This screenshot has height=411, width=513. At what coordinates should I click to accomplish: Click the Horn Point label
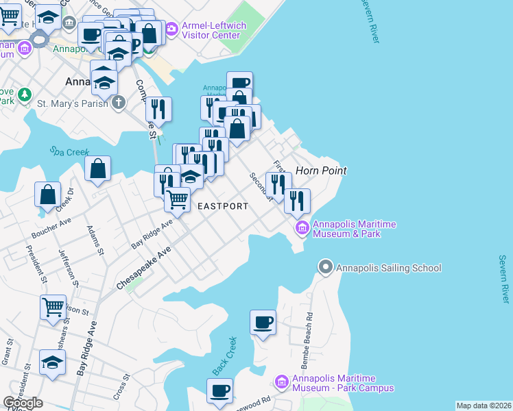point(320,171)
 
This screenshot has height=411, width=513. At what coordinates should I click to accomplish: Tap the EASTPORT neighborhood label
point(223,206)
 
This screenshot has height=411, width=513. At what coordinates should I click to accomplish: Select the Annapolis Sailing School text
point(388,268)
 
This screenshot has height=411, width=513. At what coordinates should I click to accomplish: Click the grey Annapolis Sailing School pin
point(326,266)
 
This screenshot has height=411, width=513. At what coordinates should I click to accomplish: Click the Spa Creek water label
point(65,151)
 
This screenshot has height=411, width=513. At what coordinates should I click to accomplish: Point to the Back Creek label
point(224,356)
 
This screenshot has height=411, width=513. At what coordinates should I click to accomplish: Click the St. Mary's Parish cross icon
point(119,103)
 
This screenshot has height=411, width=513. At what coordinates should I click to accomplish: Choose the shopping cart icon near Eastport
point(178,199)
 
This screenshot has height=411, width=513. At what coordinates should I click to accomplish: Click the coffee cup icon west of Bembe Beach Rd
point(263,321)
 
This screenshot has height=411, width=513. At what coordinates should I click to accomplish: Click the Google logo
point(23,403)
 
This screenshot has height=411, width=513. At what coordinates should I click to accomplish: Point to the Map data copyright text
point(484,406)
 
